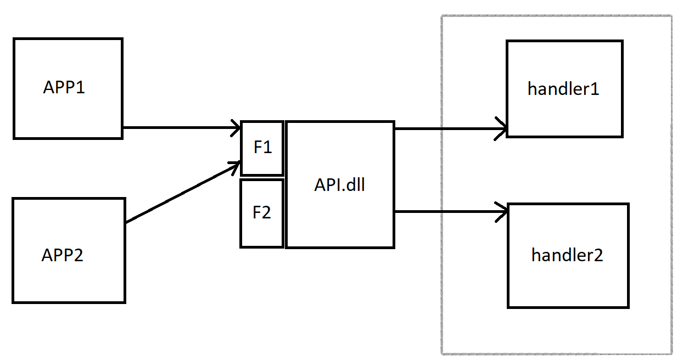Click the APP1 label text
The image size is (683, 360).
click(64, 87)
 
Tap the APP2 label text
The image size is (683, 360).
click(63, 255)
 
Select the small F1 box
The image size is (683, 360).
click(262, 148)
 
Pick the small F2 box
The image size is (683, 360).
click(262, 213)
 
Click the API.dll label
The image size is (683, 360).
click(340, 185)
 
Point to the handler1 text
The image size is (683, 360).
click(563, 89)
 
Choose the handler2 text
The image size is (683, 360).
click(567, 255)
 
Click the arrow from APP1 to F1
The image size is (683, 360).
click(181, 128)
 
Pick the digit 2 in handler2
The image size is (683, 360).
click(597, 255)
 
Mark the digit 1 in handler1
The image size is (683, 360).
click(594, 89)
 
